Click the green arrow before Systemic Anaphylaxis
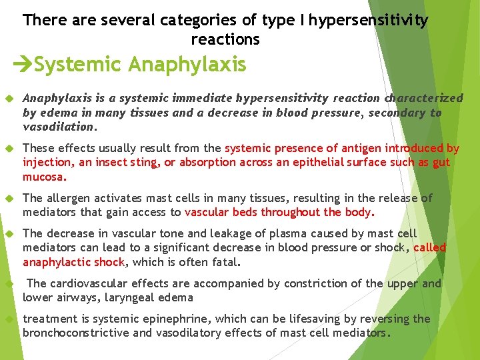click(23, 65)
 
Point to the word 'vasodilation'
click(59, 127)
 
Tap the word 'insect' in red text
click(110, 162)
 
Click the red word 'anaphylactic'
click(57, 262)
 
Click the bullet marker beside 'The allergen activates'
click(10, 199)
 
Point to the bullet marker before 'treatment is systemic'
click(10, 319)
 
